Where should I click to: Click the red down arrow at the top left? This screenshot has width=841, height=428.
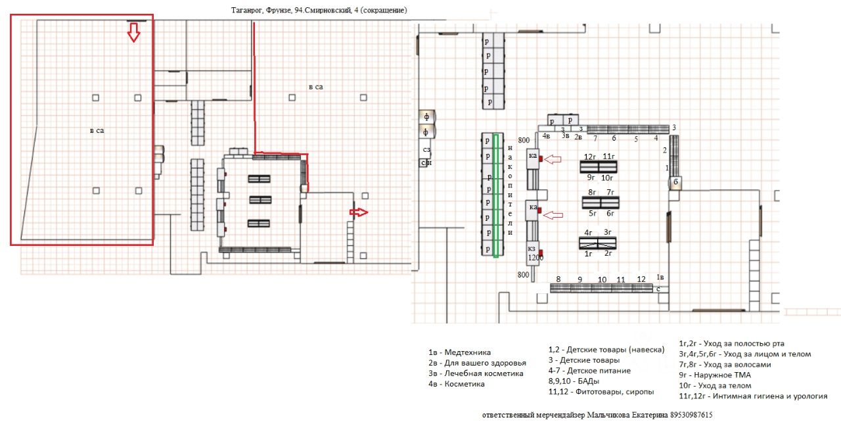click(x=133, y=32)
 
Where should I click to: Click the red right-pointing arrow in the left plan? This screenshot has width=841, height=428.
click(x=359, y=212)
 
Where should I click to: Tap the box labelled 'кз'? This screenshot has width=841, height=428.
click(x=532, y=249)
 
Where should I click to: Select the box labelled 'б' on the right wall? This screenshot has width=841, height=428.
click(x=675, y=181)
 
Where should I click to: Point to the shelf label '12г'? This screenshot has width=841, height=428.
click(x=589, y=156)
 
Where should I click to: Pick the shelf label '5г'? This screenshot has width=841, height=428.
click(x=592, y=213)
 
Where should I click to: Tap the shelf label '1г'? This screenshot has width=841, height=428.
click(x=589, y=253)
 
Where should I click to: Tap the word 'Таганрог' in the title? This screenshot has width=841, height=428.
click(x=248, y=10)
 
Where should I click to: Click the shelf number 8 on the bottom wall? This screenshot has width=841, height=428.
click(x=558, y=279)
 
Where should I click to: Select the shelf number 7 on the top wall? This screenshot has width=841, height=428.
click(x=595, y=138)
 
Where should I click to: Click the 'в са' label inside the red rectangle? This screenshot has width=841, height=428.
click(x=97, y=131)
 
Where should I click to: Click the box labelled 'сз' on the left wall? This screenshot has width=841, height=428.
click(x=426, y=150)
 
